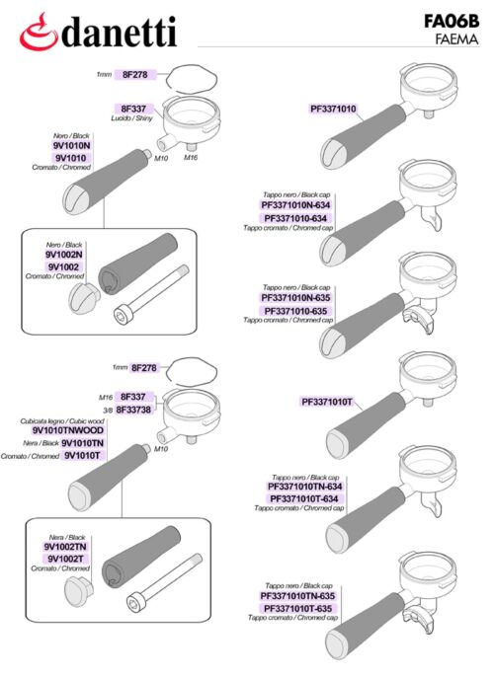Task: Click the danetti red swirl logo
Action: tap(38, 33)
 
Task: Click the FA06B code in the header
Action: tap(452, 22)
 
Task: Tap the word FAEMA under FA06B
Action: tap(456, 39)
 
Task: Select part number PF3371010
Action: tap(333, 109)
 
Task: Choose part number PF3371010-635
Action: tap(295, 311)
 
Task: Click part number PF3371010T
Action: tap(327, 402)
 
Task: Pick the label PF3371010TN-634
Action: tap(304, 487)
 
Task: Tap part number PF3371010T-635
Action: tap(297, 608)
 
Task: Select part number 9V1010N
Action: tap(71, 146)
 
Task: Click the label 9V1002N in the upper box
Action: tap(64, 255)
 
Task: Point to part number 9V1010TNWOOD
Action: tap(68, 430)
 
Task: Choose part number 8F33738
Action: tap(133, 410)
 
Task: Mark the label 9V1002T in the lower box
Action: tap(65, 559)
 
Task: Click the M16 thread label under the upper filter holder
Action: tap(191, 158)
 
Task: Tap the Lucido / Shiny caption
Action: tap(131, 118)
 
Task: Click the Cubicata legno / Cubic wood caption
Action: tap(62, 421)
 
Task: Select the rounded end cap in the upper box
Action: tap(84, 298)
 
